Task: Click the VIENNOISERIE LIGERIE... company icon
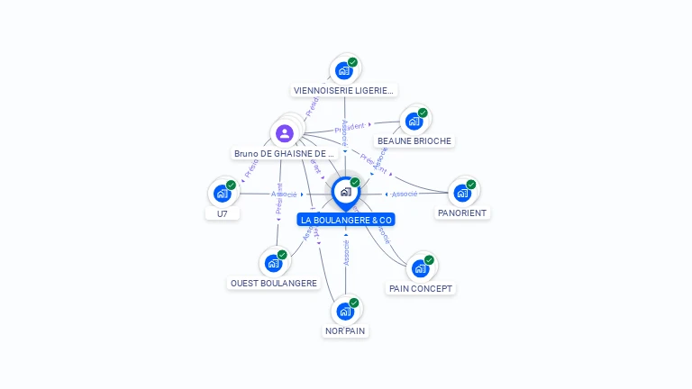pos(343,70)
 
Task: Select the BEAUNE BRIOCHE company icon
pos(414,121)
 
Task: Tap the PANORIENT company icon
pos(462,193)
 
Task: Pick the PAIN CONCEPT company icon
pos(420,268)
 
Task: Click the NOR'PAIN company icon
pos(345,311)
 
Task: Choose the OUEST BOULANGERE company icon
pos(273,263)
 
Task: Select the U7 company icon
pos(223,193)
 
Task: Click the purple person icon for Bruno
pos(285,133)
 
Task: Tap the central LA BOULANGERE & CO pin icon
pos(345,192)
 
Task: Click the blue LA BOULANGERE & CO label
pos(346,220)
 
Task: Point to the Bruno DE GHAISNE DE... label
pos(285,154)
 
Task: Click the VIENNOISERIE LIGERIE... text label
pos(344,91)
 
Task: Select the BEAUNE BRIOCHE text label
pos(414,141)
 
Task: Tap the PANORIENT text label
pos(462,213)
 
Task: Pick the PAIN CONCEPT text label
pos(421,289)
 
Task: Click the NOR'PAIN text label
pos(346,331)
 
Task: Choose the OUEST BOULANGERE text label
pos(274,284)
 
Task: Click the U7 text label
pos(223,214)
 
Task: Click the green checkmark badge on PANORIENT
pos(470,185)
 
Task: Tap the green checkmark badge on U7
pos(231,185)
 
